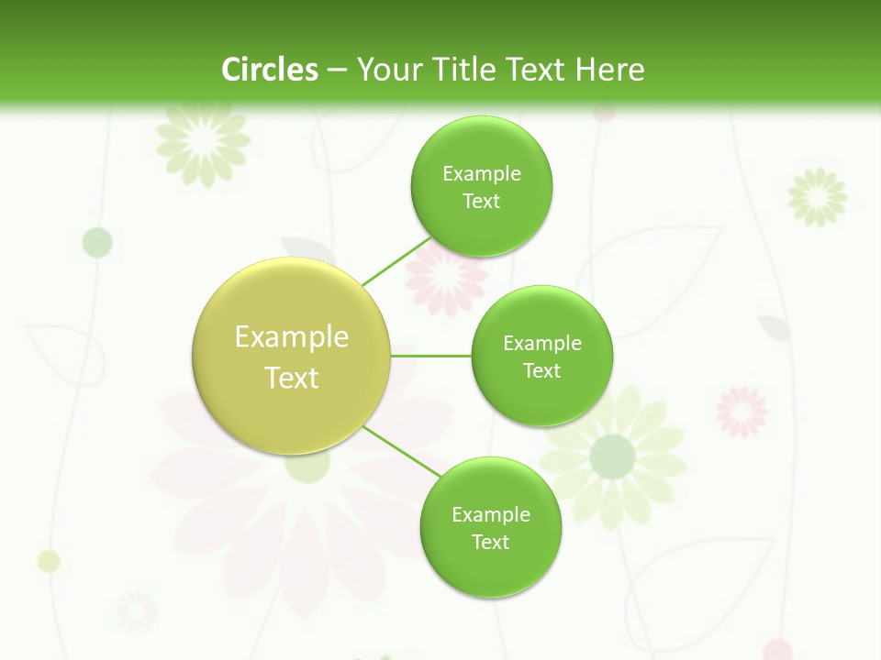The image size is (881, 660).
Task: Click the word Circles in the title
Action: point(269,70)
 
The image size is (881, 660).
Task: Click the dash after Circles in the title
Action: point(336,71)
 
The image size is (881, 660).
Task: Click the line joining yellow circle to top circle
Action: point(396,261)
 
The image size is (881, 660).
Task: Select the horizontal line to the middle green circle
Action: point(431,355)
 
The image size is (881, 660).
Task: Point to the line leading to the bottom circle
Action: point(402,450)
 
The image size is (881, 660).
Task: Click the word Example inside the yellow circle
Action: point(292,336)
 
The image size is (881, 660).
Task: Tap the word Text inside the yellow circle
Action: point(292,378)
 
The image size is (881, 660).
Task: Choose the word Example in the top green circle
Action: point(482,173)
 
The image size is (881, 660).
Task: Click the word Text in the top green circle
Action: point(481,201)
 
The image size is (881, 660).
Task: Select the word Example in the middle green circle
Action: point(542,343)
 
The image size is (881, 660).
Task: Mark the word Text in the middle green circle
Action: point(541,370)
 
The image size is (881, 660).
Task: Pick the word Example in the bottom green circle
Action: point(491,514)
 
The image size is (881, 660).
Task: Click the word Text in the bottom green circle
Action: point(490,542)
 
